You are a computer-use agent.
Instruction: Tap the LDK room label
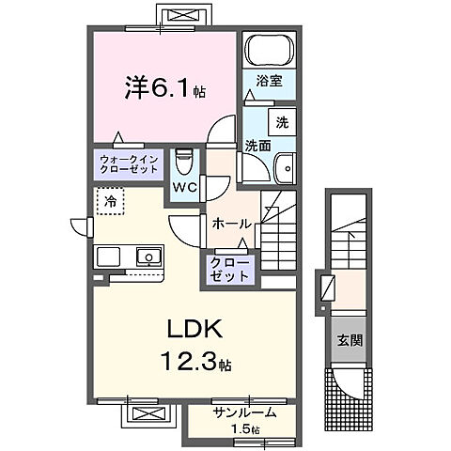(194, 330)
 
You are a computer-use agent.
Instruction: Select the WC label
(184, 186)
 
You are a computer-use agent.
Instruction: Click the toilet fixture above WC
(184, 161)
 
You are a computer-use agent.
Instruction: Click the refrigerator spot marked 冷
(110, 200)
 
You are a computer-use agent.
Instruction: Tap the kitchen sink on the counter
(148, 256)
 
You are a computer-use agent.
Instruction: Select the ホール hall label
(231, 224)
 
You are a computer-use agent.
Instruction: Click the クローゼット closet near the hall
(230, 270)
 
